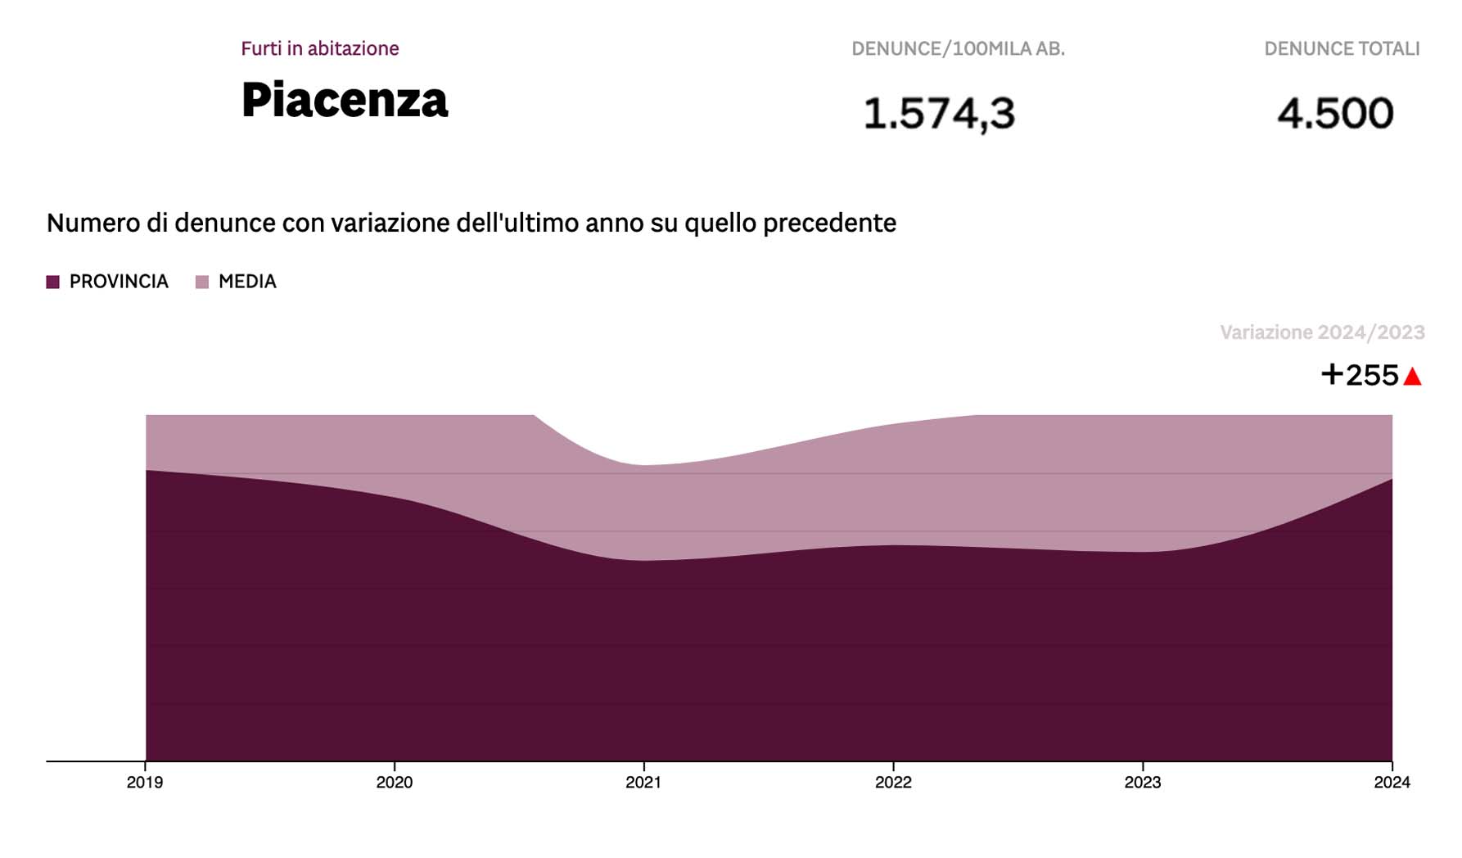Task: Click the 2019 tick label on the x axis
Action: tap(145, 783)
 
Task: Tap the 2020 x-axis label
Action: tap(395, 783)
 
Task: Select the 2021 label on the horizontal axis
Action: tap(643, 783)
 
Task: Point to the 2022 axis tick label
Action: tap(893, 783)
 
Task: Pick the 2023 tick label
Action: tap(1143, 783)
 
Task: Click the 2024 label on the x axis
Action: tap(1392, 783)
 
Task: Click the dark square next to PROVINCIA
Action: tap(53, 282)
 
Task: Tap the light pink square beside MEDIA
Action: tap(202, 282)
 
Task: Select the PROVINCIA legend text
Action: tap(119, 282)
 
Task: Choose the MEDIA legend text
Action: tap(247, 282)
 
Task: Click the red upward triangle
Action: tap(1412, 377)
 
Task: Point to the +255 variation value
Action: tap(1360, 375)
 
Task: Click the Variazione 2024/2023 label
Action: tap(1322, 332)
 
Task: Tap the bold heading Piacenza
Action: tap(345, 101)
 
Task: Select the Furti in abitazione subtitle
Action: tap(320, 48)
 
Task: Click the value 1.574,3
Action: tap(939, 113)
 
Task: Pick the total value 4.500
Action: tap(1335, 113)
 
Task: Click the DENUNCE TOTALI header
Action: tap(1342, 49)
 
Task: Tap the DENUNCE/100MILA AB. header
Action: tap(958, 49)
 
